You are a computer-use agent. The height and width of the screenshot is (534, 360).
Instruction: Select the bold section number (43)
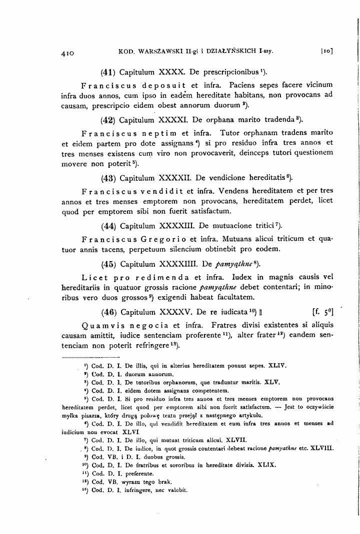pos(108,177)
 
